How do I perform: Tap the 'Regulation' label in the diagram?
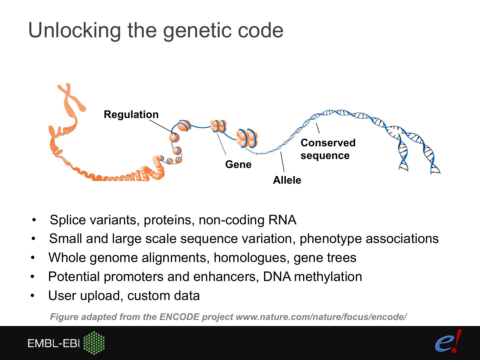click(131, 114)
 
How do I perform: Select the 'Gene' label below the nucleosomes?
click(238, 164)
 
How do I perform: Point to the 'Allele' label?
click(287, 180)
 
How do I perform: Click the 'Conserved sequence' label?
click(328, 149)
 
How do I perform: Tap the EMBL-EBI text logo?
click(54, 344)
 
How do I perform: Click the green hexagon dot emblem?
click(94, 343)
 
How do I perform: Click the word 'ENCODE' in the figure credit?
click(179, 317)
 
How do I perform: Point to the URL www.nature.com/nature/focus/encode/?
click(321, 317)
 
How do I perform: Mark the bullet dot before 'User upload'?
click(33, 296)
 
